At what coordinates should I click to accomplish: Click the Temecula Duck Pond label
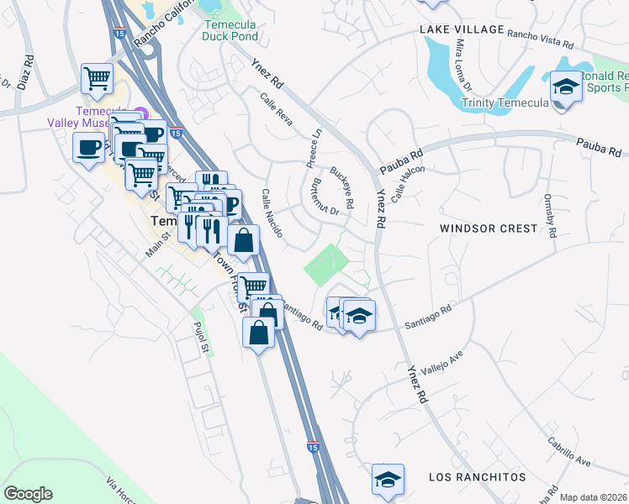pyautogui.click(x=229, y=30)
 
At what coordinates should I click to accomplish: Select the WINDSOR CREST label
pyautogui.click(x=489, y=228)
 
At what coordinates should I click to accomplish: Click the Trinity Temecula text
pyautogui.click(x=505, y=103)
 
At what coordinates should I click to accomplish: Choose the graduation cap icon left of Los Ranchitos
pyautogui.click(x=388, y=480)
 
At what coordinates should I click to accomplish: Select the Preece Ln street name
pyautogui.click(x=314, y=144)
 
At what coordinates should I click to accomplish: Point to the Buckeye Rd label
pyautogui.click(x=341, y=186)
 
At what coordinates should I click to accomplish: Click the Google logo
pyautogui.click(x=28, y=494)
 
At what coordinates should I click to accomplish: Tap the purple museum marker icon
pyautogui.click(x=140, y=113)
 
